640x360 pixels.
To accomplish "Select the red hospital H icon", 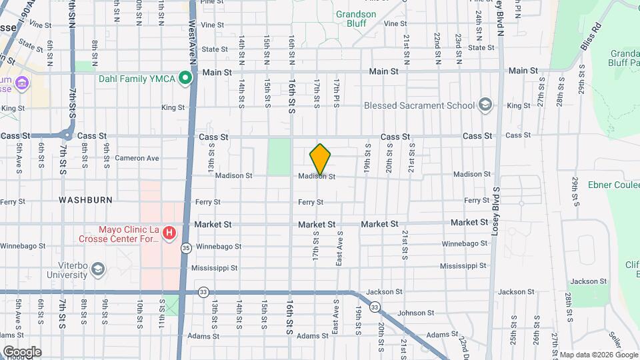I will (169, 233).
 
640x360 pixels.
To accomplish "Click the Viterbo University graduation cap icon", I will (98, 269).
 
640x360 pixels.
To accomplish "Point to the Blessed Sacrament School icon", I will (485, 105).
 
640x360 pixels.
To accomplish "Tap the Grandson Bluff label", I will (356, 19).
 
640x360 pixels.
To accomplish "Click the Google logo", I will (21, 351).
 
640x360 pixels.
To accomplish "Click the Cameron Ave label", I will (137, 158).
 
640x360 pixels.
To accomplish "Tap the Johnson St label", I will (415, 313).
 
